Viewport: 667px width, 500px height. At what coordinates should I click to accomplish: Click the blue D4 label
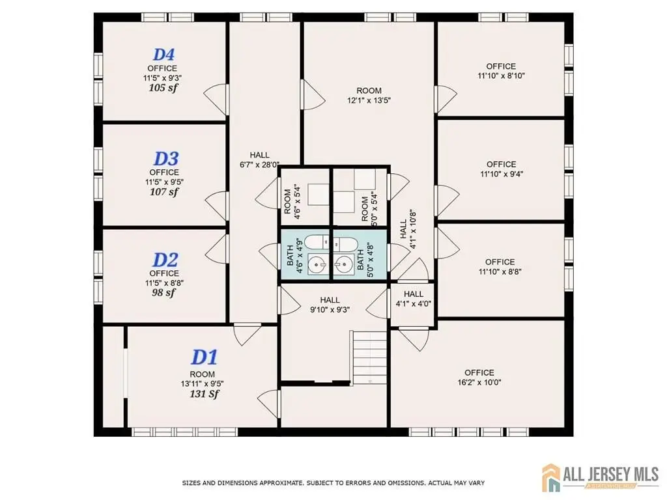coord(163,55)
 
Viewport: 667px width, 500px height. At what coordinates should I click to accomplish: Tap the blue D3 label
coord(165,159)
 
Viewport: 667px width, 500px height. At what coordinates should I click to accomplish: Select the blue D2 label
coord(165,260)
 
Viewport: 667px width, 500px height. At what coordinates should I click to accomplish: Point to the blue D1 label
coord(205,357)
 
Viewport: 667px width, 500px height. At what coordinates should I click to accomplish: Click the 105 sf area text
coord(163,88)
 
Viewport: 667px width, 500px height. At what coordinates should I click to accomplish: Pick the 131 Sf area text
coord(204,394)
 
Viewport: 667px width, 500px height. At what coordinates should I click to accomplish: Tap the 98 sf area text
coord(163,292)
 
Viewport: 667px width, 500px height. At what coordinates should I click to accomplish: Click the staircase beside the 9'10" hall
coord(369,358)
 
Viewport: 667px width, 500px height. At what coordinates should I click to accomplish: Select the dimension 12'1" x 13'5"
coord(369,100)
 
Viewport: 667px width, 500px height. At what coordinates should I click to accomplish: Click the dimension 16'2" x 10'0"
coord(479,382)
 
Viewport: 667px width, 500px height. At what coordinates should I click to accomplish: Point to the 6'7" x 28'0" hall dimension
coord(259,165)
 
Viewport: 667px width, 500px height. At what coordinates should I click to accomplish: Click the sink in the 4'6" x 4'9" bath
coord(317,266)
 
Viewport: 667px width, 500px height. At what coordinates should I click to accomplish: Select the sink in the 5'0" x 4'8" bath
coord(342,266)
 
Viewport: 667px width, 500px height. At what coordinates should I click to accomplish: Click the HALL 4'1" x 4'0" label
coord(414,299)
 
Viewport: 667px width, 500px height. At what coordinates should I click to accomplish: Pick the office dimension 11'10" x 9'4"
coord(502,174)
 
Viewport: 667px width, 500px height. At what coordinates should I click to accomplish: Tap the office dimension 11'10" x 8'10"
coord(501,76)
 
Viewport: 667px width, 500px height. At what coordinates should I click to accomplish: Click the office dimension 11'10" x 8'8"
coord(500,271)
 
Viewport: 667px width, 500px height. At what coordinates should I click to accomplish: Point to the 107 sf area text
coord(164,192)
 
